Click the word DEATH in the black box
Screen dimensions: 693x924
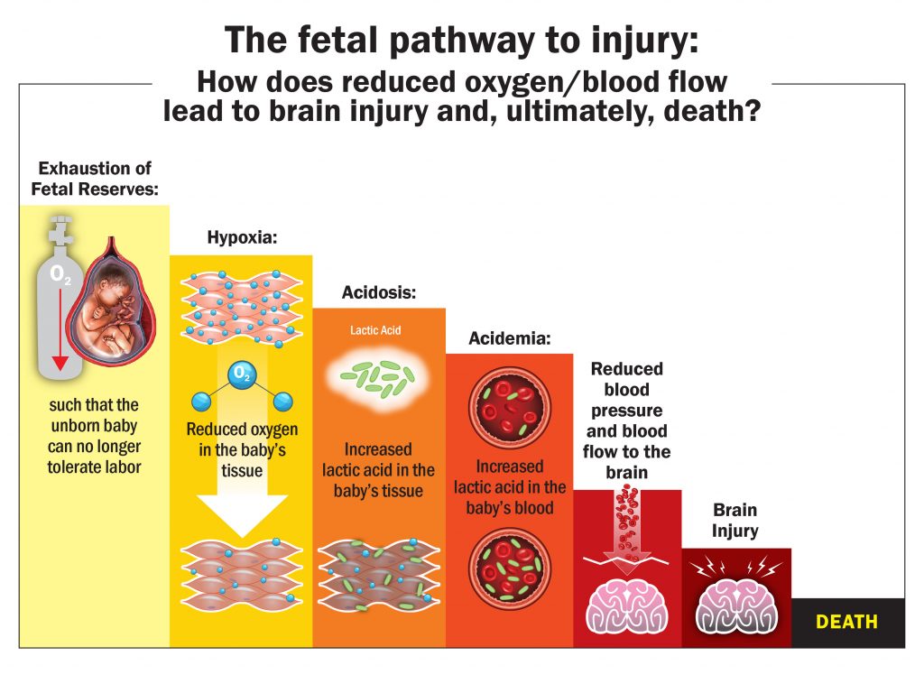[x=846, y=622]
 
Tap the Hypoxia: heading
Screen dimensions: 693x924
[x=241, y=239]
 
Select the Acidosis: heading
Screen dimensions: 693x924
[x=378, y=292]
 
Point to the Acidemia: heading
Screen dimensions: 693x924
[x=509, y=338]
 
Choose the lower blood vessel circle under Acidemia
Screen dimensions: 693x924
[x=510, y=567]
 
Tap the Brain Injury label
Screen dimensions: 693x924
[x=735, y=521]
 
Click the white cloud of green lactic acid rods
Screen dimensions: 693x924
[x=378, y=378]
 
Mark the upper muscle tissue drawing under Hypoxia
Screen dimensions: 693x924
[x=240, y=307]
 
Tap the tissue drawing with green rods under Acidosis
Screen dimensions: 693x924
[x=378, y=572]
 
